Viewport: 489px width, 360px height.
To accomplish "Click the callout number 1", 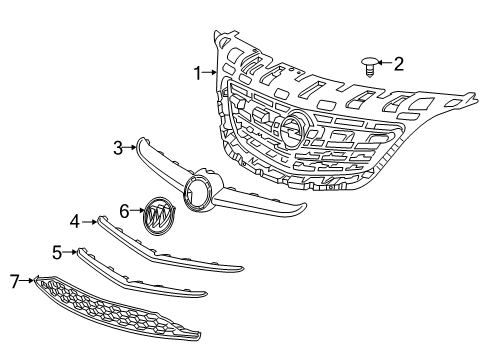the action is tap(199, 72).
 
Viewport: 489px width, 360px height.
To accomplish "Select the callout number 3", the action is tap(118, 148).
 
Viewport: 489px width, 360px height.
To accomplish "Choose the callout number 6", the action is tap(125, 211).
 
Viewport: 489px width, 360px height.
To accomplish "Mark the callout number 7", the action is tap(15, 283).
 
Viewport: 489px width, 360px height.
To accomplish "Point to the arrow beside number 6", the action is tap(138, 211).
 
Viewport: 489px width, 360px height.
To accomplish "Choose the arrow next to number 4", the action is tap(88, 220).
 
